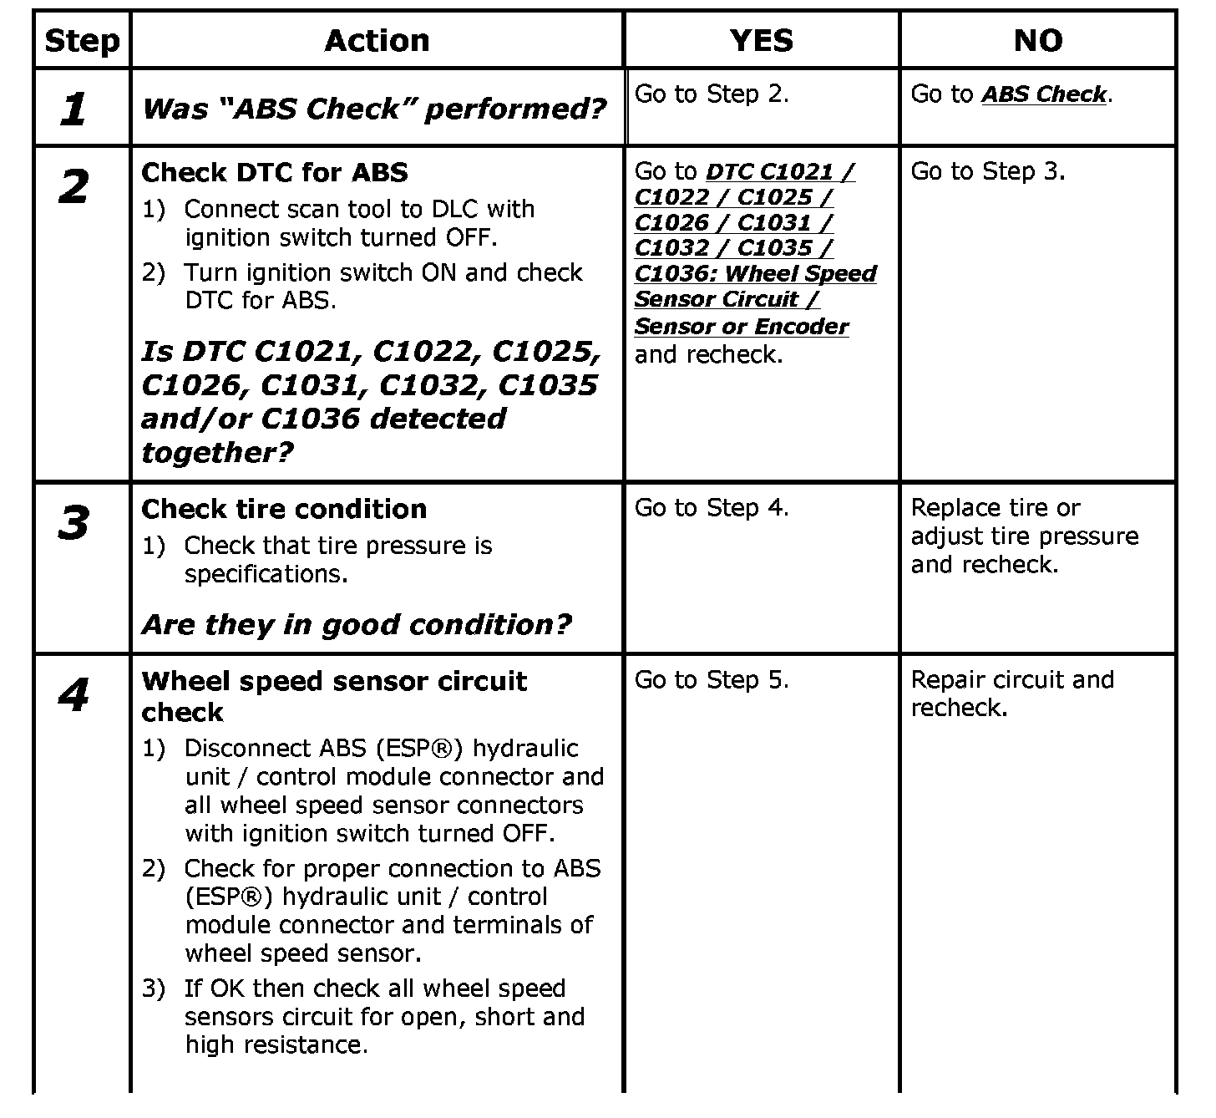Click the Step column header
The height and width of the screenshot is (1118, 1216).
pyautogui.click(x=82, y=40)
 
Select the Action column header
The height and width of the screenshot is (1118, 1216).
pyautogui.click(x=377, y=40)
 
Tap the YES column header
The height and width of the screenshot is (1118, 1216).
pyautogui.click(x=761, y=40)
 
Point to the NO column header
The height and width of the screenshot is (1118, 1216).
pyautogui.click(x=1037, y=40)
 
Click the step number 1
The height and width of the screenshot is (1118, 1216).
pyautogui.click(x=73, y=109)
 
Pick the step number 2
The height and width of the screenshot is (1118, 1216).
pyautogui.click(x=73, y=186)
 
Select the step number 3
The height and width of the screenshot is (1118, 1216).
pyautogui.click(x=73, y=523)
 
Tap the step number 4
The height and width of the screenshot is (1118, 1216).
pyautogui.click(x=73, y=694)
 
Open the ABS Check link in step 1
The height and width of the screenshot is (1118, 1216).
pyautogui.click(x=1044, y=94)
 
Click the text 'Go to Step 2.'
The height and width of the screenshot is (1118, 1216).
pyautogui.click(x=712, y=94)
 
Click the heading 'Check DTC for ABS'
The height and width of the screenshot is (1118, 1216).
pyautogui.click(x=275, y=173)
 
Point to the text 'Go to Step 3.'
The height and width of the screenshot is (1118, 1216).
pyautogui.click(x=988, y=171)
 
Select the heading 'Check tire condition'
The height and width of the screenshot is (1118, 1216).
pyautogui.click(x=284, y=509)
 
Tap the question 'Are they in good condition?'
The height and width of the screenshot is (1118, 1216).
pyautogui.click(x=357, y=624)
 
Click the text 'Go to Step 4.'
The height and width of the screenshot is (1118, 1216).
pyautogui.click(x=712, y=507)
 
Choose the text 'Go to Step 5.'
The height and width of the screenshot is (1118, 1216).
pyautogui.click(x=712, y=680)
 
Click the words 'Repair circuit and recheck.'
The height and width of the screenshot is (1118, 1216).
pyautogui.click(x=1011, y=694)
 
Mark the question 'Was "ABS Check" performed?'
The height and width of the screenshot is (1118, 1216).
pyautogui.click(x=374, y=109)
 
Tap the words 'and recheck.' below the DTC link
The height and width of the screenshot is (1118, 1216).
pyautogui.click(x=708, y=354)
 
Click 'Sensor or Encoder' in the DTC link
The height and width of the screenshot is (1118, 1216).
pyautogui.click(x=742, y=327)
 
